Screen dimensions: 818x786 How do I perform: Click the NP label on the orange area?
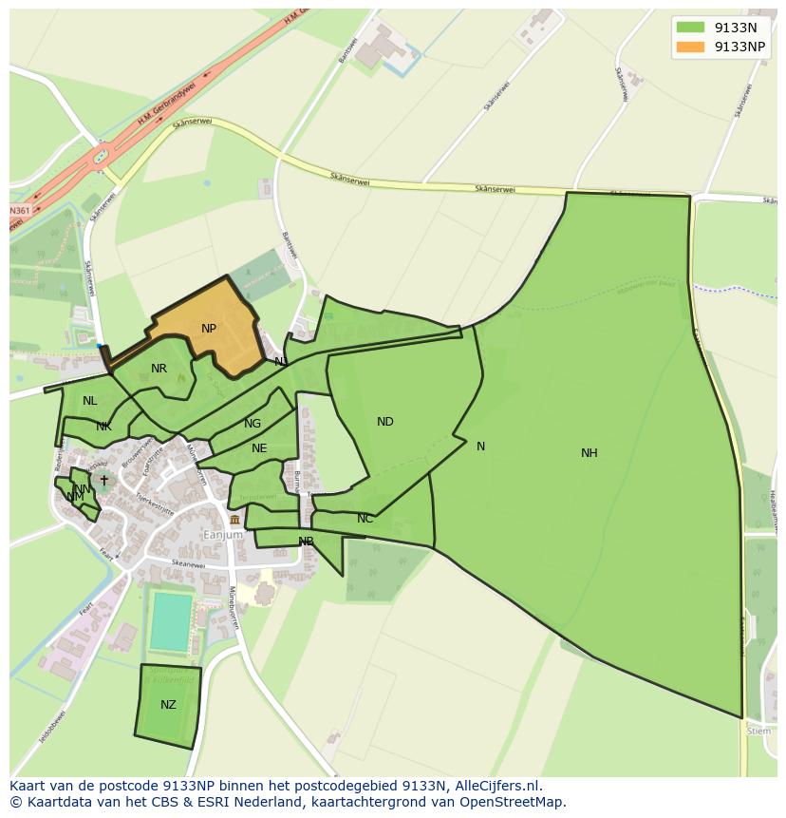click(209, 329)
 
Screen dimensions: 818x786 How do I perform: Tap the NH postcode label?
click(589, 453)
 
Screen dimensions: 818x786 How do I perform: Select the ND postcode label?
click(384, 422)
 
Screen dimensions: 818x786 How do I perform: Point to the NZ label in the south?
click(168, 705)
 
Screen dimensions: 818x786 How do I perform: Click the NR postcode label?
click(159, 369)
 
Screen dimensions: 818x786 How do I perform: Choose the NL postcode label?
click(90, 401)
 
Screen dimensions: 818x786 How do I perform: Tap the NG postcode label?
click(253, 424)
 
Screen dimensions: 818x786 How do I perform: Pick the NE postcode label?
click(259, 448)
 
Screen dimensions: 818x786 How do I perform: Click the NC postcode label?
click(365, 519)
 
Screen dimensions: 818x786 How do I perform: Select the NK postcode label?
click(103, 427)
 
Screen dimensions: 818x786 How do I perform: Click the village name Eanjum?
click(224, 535)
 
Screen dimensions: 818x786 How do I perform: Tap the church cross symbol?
click(104, 481)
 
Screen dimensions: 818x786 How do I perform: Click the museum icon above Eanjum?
click(234, 520)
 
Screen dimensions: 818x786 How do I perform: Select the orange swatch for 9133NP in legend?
click(690, 47)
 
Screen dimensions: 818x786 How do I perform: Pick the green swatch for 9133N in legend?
click(690, 28)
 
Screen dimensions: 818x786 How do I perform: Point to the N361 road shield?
click(19, 210)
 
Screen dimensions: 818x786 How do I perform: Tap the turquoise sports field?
click(172, 621)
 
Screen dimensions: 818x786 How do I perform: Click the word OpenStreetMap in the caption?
click(509, 802)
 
